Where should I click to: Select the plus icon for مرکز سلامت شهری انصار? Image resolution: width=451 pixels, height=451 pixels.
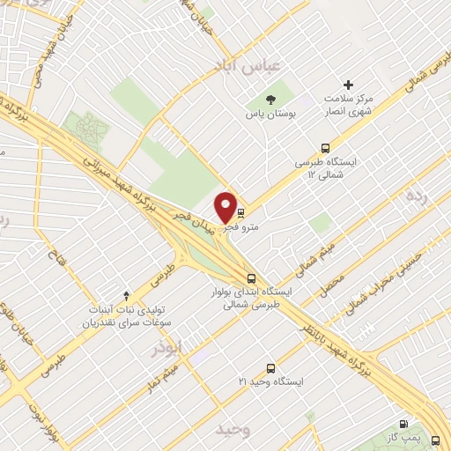pos(349,85)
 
